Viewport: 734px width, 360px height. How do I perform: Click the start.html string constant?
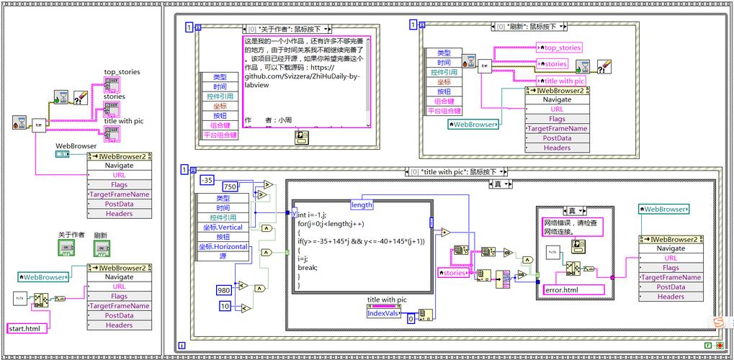tap(27, 328)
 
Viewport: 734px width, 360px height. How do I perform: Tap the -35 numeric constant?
tap(207, 179)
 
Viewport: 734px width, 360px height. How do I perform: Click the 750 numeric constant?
tap(231, 187)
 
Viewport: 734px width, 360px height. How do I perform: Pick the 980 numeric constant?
tap(225, 289)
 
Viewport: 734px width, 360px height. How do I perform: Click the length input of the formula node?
tap(362, 204)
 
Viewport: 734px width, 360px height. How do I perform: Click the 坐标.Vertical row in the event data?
tap(222, 227)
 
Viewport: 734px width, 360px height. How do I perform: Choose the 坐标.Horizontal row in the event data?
tap(222, 246)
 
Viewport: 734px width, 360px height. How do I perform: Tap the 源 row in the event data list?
tap(222, 256)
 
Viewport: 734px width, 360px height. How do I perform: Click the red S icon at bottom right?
tap(718, 320)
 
